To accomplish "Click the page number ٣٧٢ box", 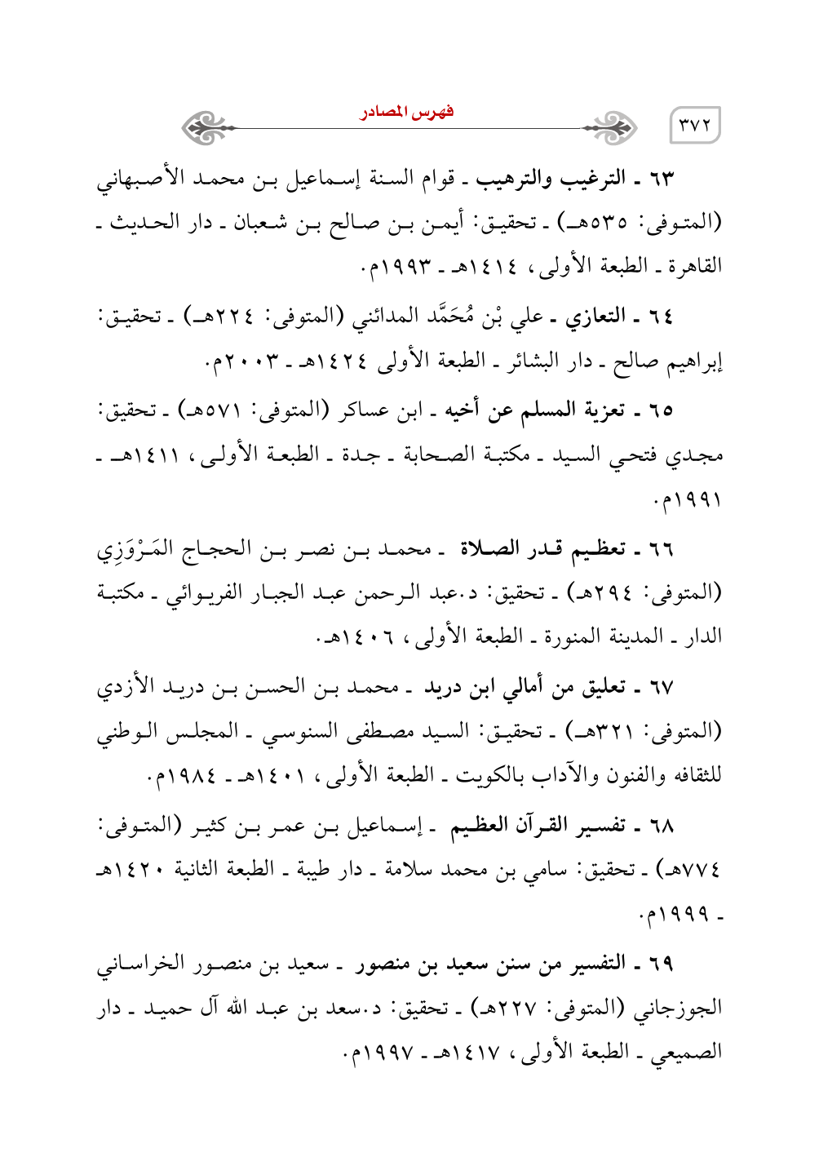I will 695,126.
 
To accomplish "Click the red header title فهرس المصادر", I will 407,112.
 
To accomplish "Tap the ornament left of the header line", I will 206,127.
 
